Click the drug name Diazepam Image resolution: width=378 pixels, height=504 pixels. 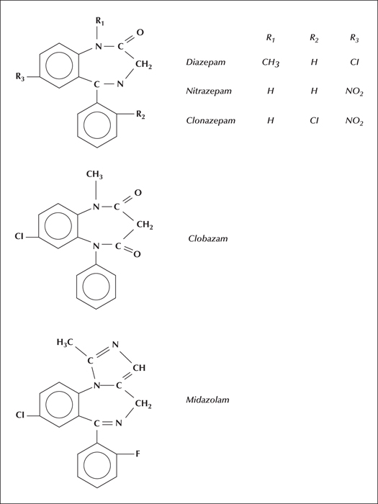click(x=206, y=63)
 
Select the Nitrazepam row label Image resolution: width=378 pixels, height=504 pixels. click(x=209, y=91)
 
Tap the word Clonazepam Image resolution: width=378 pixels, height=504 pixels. click(x=210, y=121)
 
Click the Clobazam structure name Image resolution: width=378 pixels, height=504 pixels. click(x=208, y=238)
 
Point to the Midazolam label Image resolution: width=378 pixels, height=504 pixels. click(x=207, y=400)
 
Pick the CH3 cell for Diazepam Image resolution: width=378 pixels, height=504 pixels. click(x=270, y=63)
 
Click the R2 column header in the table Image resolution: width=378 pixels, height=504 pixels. click(x=314, y=38)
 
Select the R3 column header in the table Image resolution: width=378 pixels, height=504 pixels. click(x=354, y=39)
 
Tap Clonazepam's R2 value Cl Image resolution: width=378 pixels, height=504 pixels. click(x=314, y=121)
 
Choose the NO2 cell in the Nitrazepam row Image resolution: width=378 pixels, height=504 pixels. click(x=354, y=92)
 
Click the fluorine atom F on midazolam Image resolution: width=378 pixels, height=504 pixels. click(x=138, y=455)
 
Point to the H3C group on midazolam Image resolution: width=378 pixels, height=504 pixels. click(x=66, y=343)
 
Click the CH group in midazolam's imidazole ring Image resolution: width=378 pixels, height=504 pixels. click(x=139, y=368)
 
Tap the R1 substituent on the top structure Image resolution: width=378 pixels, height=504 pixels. click(x=99, y=22)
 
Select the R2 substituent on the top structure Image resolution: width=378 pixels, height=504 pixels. click(x=140, y=115)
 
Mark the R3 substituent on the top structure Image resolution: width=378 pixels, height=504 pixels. click(x=20, y=78)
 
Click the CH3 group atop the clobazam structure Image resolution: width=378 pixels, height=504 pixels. click(x=94, y=176)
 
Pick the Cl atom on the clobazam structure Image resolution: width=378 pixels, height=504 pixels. click(x=19, y=237)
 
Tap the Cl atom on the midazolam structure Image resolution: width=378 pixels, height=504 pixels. click(x=20, y=415)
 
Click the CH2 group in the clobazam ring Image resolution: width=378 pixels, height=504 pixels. click(x=145, y=225)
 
